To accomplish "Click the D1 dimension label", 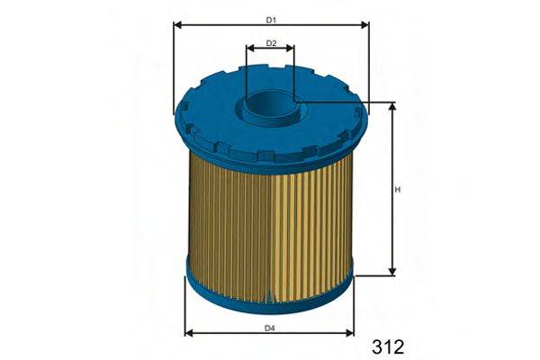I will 271,19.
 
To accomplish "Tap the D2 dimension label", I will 271,42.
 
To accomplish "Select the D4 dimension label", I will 270,327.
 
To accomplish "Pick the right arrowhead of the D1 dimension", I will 365,27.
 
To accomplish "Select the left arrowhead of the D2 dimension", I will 249,50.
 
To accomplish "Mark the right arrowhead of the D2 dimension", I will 292,50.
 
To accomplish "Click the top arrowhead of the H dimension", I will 392,106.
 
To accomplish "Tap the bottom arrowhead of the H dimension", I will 392,271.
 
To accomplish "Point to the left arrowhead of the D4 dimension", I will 188,334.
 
